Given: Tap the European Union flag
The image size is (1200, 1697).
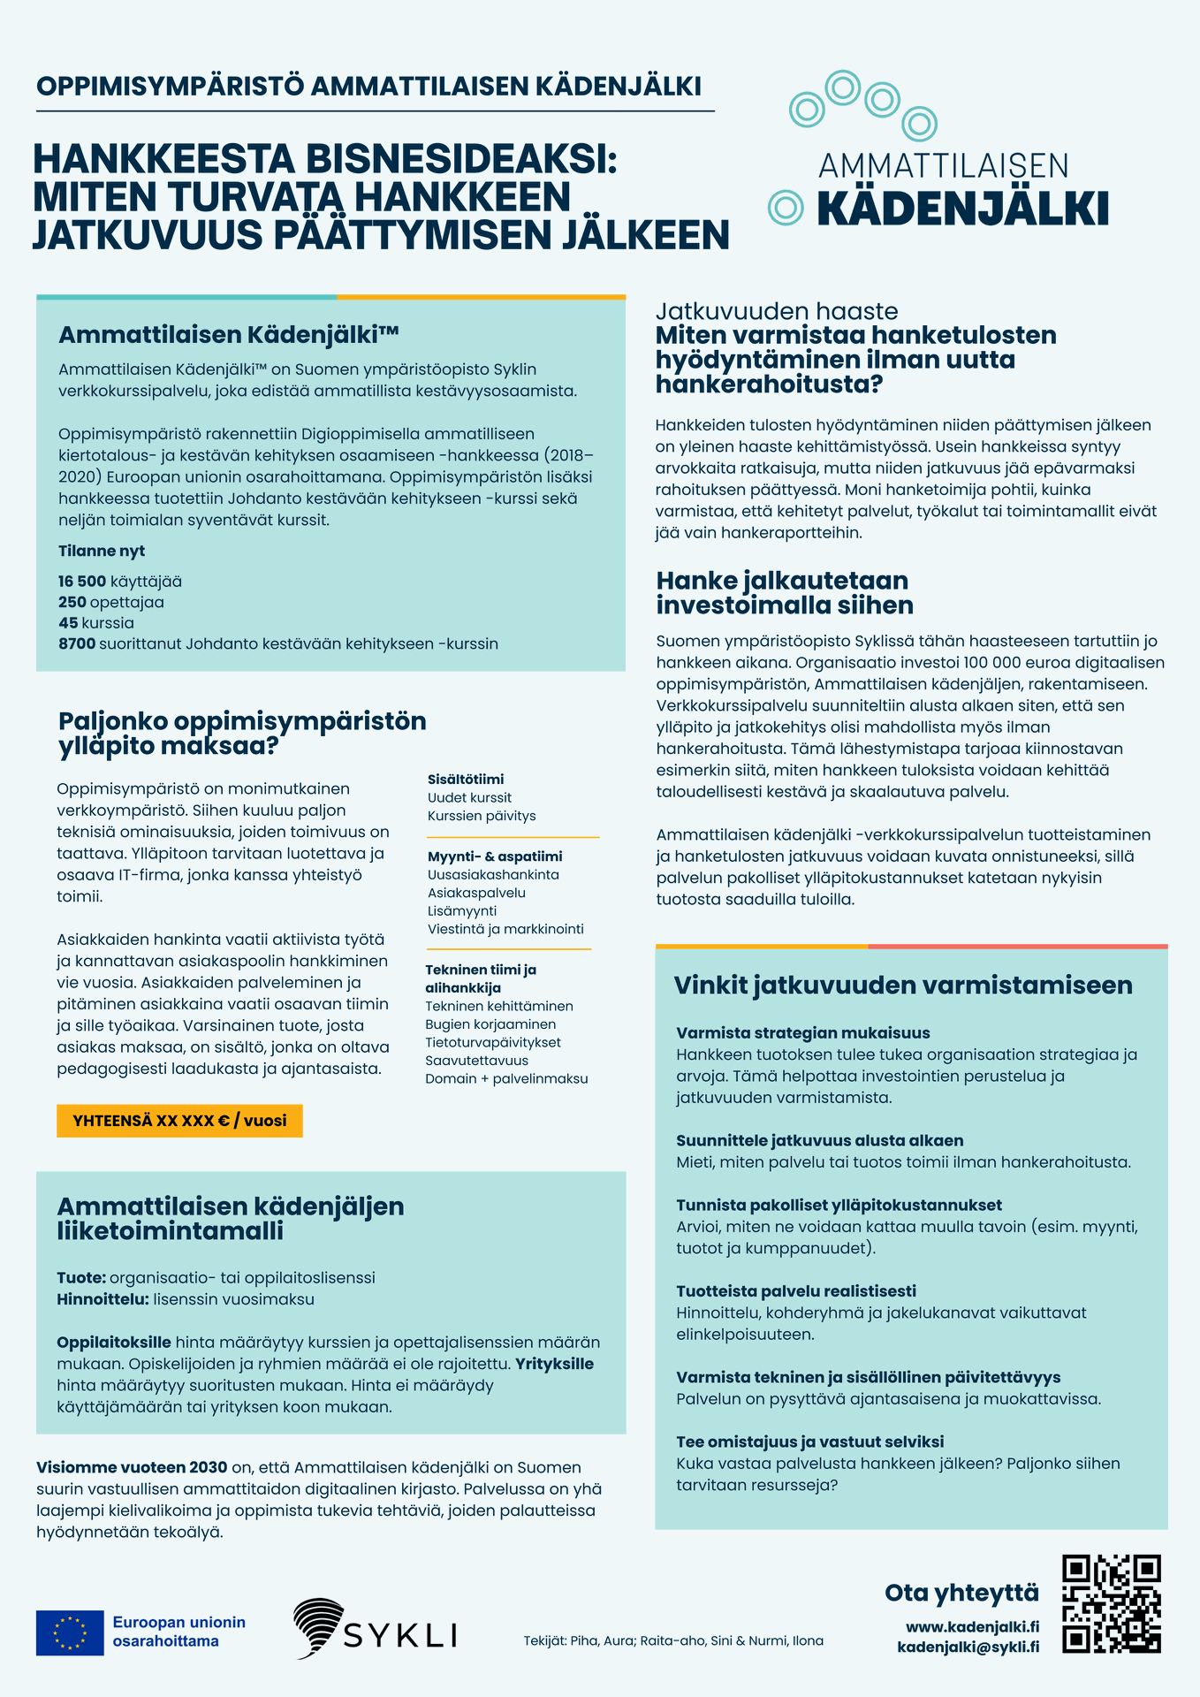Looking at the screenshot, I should [x=70, y=1632].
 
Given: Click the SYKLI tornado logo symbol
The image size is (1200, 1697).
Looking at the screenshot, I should [x=318, y=1627].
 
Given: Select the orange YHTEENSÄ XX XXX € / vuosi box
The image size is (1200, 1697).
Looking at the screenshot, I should [x=179, y=1121].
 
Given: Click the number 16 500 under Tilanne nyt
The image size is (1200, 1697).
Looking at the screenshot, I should [x=82, y=582].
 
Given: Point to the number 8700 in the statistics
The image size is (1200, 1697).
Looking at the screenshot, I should [x=77, y=644].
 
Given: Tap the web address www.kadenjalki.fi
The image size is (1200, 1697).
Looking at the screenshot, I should [x=972, y=1627].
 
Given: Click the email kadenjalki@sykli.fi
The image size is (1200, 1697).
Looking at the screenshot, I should [x=968, y=1647].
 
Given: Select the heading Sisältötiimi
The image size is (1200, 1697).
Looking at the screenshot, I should [x=466, y=780].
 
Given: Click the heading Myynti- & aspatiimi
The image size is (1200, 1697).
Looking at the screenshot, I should [x=495, y=856].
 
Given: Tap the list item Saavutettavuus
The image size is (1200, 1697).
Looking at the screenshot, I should [x=476, y=1061].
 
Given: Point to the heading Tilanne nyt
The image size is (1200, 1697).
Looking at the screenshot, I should [x=102, y=552].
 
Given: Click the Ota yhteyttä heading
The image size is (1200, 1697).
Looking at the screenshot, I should [x=961, y=1593].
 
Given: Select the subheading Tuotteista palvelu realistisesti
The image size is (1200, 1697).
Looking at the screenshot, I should [x=796, y=1291].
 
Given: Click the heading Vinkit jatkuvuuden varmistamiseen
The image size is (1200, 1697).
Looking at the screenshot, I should [x=902, y=985].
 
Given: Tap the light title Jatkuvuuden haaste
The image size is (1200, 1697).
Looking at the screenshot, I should [x=777, y=311].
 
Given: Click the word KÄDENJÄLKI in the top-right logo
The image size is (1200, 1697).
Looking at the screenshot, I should [x=962, y=209].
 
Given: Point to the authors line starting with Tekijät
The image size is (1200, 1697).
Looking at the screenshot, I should [x=673, y=1641].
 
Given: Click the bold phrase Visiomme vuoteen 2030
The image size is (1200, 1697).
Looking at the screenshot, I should [x=132, y=1468].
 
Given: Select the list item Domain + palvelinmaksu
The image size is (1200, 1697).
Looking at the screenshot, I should [x=506, y=1079].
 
